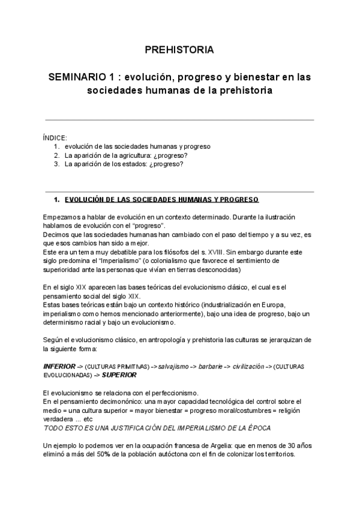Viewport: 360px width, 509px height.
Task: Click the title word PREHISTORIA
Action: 179,50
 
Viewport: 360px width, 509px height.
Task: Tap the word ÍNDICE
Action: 55,137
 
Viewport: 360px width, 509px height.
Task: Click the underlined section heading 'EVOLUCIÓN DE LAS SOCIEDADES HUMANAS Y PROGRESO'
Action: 161,199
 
